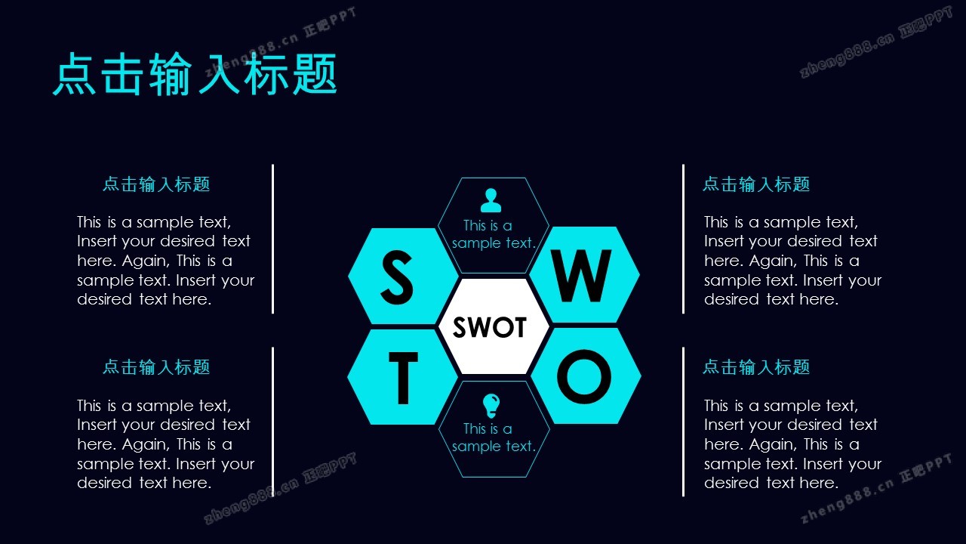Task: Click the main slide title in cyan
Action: (195, 74)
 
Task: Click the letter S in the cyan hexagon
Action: (397, 276)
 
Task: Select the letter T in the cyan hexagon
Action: (402, 379)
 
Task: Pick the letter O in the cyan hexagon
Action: (583, 376)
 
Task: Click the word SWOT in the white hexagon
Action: (490, 327)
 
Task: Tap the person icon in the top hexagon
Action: (491, 200)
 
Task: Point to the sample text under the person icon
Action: (493, 234)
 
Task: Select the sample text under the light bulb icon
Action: (493, 437)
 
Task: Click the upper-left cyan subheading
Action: (156, 184)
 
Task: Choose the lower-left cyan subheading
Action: (156, 367)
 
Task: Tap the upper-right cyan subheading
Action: (756, 184)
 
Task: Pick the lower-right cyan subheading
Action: (756, 367)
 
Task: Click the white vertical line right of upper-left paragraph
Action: (272, 238)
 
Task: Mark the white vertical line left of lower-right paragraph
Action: (683, 421)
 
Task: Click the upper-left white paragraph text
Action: (165, 261)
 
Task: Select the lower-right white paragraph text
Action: (792, 444)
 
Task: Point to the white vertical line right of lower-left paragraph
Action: (272, 421)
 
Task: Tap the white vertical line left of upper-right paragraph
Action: (683, 238)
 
